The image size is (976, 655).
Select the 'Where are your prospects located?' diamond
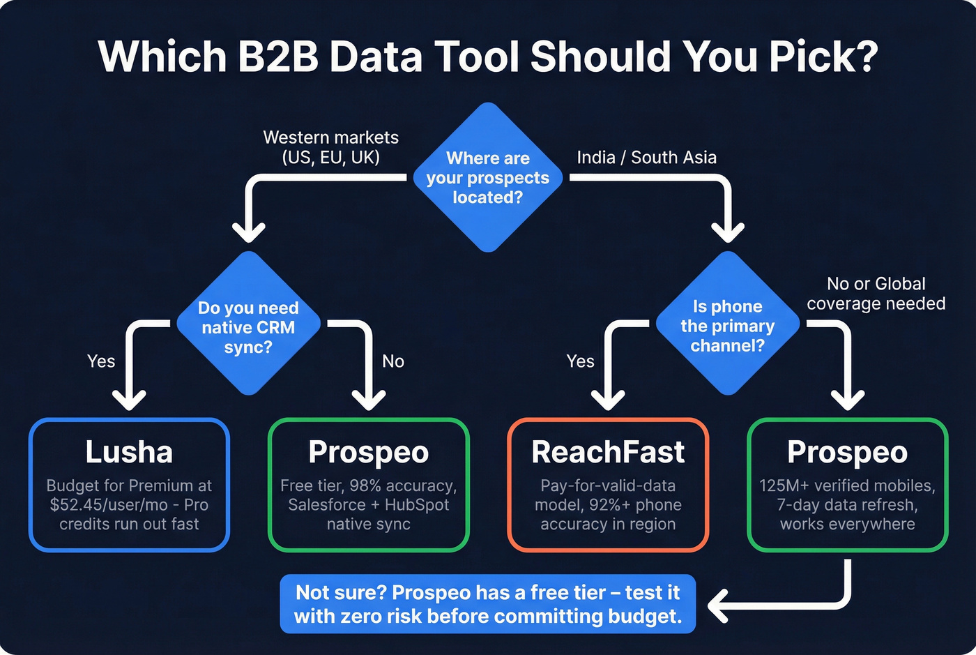(488, 178)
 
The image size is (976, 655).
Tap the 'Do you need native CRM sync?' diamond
(248, 326)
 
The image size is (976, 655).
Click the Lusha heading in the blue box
(129, 452)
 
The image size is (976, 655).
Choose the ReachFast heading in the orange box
(608, 452)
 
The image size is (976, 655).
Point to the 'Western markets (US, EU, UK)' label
(330, 147)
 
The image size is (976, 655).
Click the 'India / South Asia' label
(646, 158)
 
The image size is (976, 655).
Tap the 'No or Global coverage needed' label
(876, 294)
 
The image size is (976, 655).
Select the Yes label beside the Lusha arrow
(101, 361)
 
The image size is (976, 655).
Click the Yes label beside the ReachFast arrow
(580, 361)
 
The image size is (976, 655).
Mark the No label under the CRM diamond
(393, 361)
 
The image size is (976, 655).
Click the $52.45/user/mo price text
(109, 505)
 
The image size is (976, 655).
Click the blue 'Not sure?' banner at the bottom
(488, 604)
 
